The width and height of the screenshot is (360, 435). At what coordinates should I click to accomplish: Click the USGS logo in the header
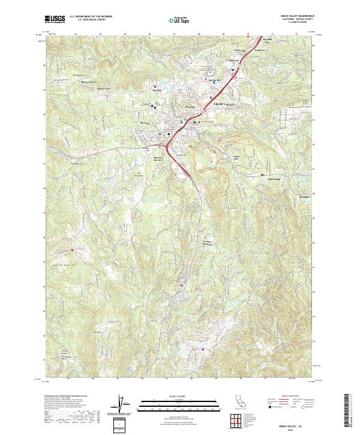(55, 20)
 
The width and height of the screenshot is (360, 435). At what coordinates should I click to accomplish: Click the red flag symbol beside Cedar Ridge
(262, 175)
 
